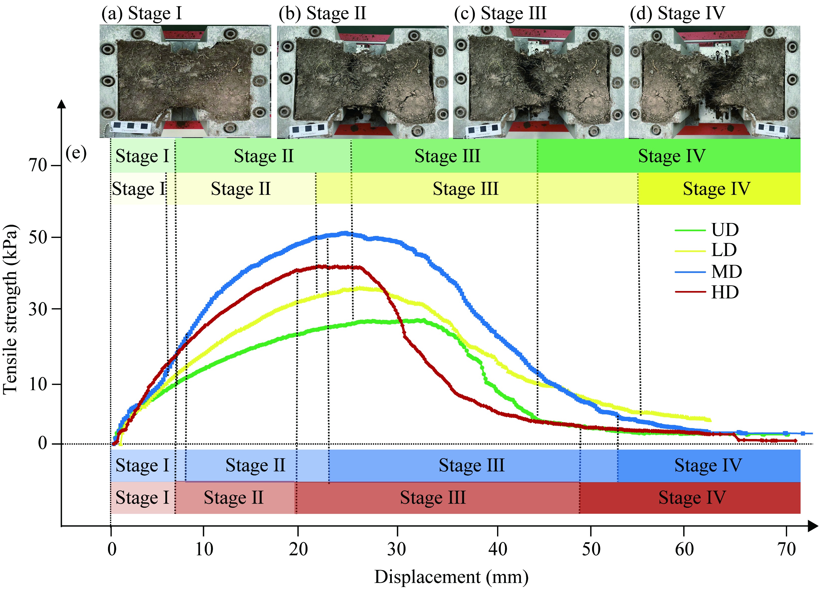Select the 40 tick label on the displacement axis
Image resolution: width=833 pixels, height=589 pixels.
pos(498,549)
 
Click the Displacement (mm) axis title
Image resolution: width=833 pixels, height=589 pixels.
pos(451,577)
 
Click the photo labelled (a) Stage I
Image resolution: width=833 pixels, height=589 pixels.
pos(185,81)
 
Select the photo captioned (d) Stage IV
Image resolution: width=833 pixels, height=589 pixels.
pos(714,82)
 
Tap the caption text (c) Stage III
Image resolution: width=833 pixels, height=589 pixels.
pos(500,14)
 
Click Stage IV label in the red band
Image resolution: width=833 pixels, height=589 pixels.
pos(692,498)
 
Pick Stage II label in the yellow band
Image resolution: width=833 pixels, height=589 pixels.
pos(241,189)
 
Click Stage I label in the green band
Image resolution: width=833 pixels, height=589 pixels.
pos(142,156)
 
